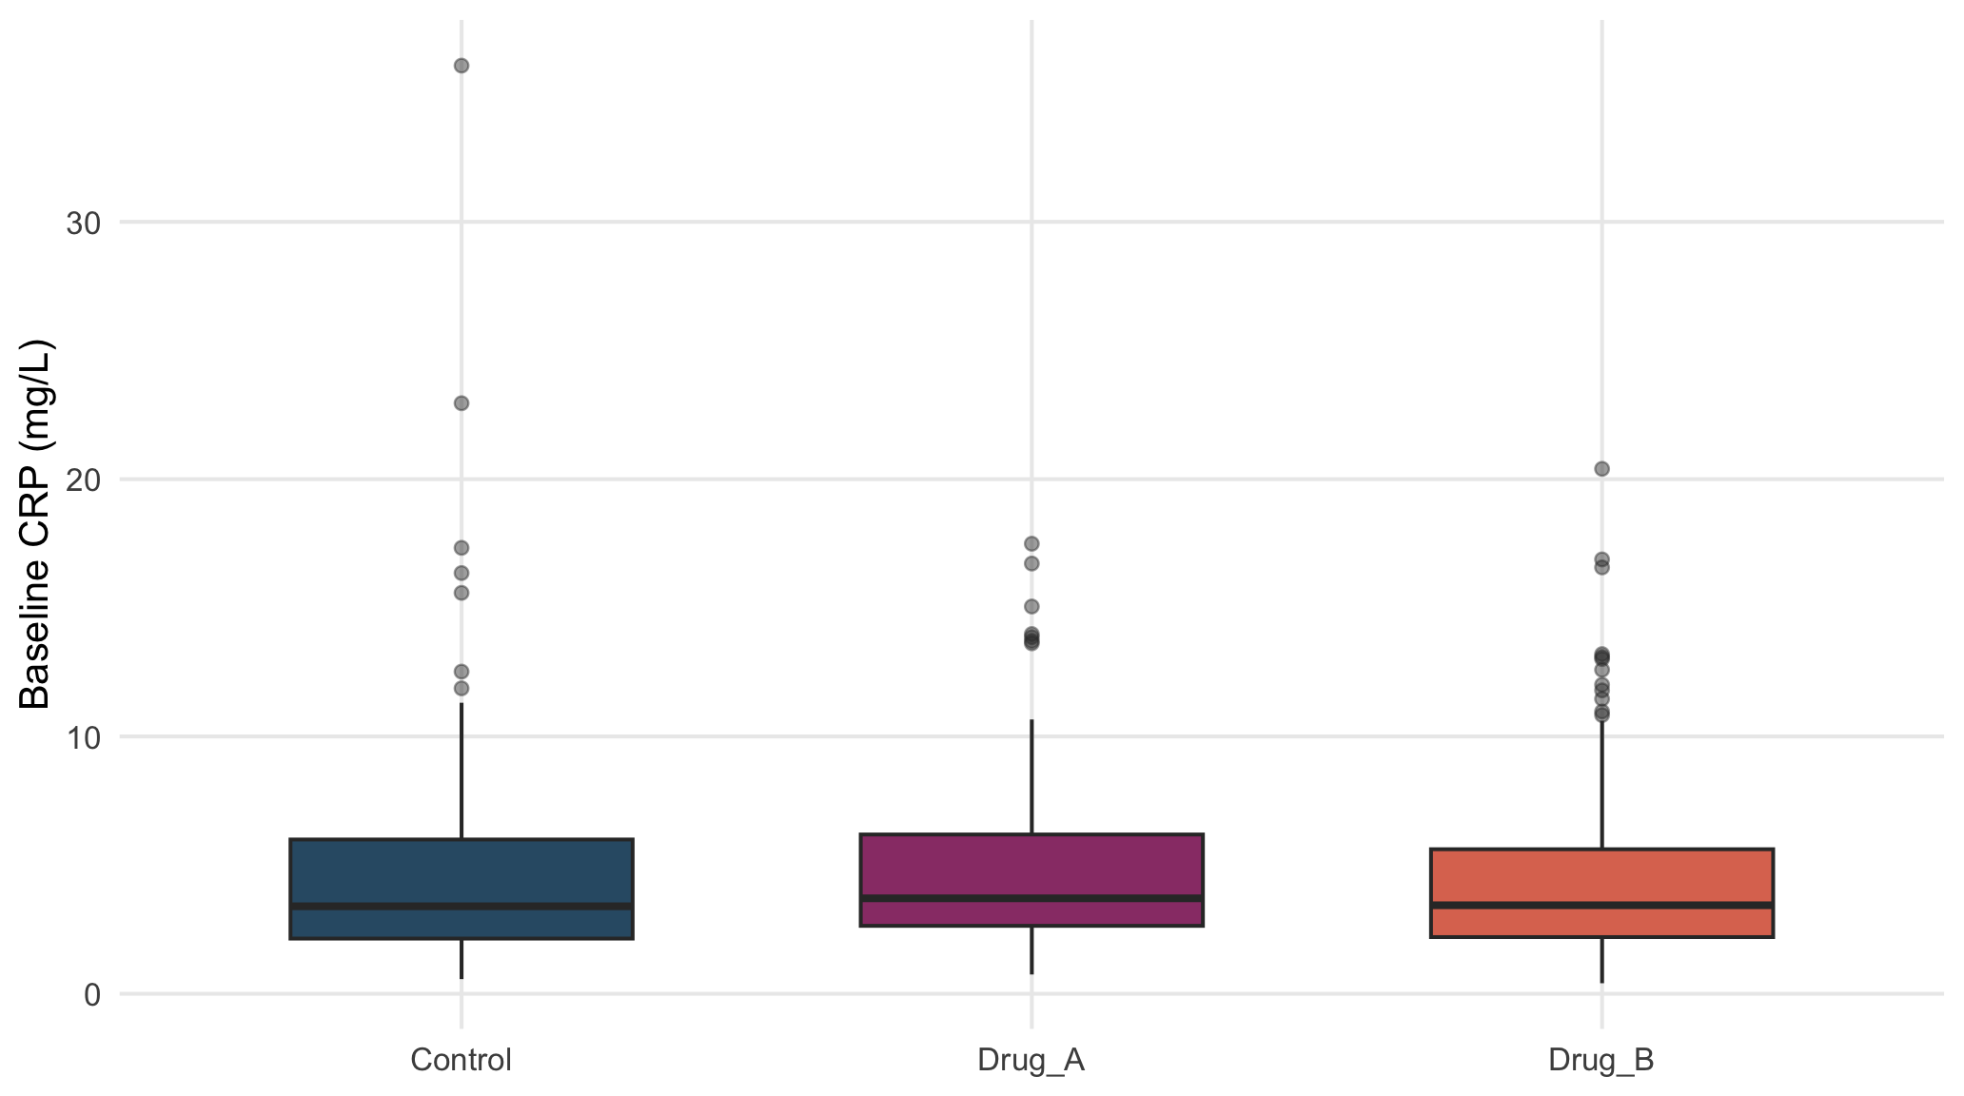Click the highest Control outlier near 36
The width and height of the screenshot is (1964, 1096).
(462, 66)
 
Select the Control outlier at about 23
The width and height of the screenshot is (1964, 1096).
(462, 403)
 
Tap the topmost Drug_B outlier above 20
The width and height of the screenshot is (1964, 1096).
(1601, 469)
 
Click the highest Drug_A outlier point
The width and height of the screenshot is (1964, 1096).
(1031, 544)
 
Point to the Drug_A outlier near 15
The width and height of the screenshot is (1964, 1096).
(1031, 607)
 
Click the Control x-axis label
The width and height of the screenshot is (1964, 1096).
(461, 1060)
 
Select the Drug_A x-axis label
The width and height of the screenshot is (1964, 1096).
(1031, 1061)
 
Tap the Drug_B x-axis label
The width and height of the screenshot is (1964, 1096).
(1601, 1061)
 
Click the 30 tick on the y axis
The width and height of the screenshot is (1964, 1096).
(84, 224)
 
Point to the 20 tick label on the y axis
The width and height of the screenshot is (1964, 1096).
(84, 480)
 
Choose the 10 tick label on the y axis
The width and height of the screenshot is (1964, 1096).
(84, 737)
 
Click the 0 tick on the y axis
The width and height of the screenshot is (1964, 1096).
(93, 995)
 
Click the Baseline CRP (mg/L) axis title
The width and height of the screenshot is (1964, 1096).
(36, 524)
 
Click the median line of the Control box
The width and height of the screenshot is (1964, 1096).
(462, 907)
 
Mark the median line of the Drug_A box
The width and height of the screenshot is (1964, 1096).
(1031, 898)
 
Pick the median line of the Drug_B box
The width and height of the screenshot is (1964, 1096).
(1601, 905)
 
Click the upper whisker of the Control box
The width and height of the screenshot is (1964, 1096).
(462, 772)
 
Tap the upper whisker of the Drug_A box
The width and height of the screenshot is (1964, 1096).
(1031, 777)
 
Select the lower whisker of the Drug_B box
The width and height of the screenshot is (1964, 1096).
(1601, 960)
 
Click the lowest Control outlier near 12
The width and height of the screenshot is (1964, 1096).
(462, 688)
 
